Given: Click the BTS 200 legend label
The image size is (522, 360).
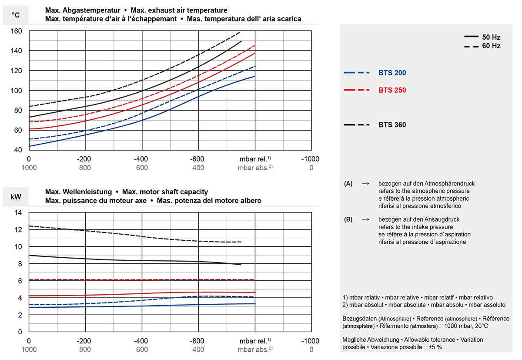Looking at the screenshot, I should point(392,73).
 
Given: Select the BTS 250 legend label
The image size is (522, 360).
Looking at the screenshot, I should point(392,91).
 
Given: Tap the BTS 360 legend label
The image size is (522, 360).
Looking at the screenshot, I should point(392,125).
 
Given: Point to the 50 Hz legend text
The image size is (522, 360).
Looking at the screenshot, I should point(491,37).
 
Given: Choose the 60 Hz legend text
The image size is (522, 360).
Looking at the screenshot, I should point(491,46).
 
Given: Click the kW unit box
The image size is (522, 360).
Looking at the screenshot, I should point(15,196).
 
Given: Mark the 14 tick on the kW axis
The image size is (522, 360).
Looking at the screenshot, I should point(18,212).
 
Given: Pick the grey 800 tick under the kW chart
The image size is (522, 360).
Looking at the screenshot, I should point(86,349).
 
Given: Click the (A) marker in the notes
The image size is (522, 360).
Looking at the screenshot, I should point(348,184).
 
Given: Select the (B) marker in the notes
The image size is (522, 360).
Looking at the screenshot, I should point(348,220).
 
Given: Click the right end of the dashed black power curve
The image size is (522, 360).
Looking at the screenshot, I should point(241,242).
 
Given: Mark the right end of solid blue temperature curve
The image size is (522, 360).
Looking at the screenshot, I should point(254,76).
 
